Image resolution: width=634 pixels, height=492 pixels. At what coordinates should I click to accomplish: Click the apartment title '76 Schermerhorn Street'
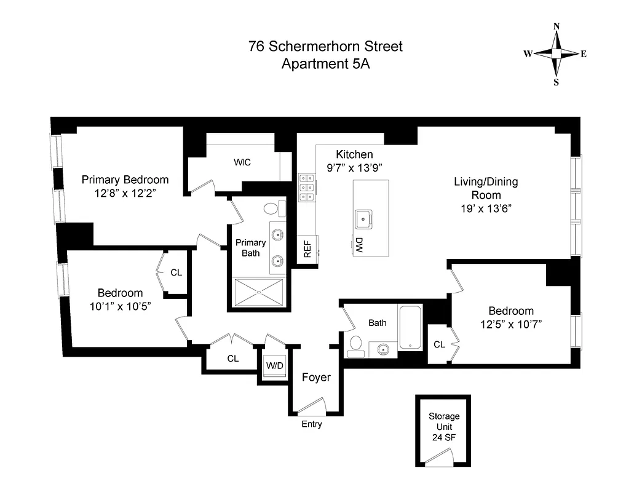coord(325,46)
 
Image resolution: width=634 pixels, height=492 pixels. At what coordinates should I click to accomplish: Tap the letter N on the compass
coord(557,26)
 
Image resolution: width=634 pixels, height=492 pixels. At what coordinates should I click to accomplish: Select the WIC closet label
coord(242,162)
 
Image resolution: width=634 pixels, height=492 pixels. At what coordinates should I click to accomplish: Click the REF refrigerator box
coord(307,248)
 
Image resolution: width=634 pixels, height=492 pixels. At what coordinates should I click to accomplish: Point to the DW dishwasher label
coord(359,245)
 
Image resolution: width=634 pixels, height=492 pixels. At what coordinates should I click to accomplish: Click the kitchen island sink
coord(363,216)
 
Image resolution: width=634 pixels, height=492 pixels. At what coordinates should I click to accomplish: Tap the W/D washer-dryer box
coord(274,366)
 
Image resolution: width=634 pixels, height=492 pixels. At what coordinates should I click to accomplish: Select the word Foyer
coord(315,377)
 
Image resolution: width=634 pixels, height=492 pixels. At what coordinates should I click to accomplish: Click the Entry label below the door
coord(311,424)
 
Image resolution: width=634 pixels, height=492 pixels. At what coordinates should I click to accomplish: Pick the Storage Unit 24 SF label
coord(443,427)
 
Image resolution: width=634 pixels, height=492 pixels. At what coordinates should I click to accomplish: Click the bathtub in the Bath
coord(410,328)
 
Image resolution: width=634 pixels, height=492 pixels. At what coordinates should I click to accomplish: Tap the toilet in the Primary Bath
coord(281,208)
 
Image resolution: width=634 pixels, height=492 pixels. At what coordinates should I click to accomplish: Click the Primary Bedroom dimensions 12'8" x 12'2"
coord(125,192)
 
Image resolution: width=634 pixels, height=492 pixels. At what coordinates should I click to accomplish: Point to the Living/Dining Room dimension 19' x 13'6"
coord(486,208)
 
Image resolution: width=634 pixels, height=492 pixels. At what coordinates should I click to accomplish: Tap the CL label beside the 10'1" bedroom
coord(176,272)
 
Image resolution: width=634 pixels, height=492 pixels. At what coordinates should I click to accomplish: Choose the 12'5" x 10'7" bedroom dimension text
coord(510,323)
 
